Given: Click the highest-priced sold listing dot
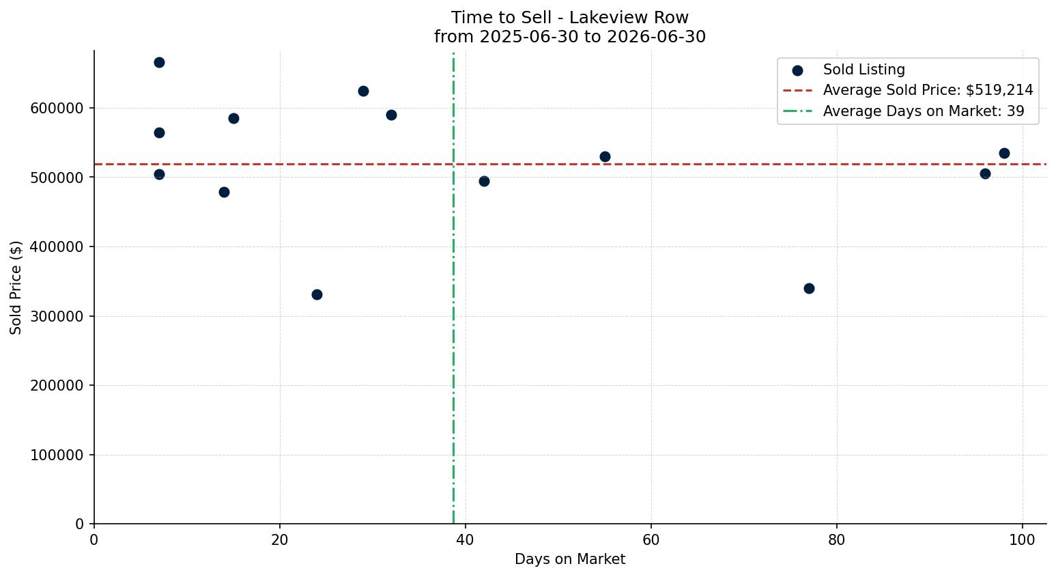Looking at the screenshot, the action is click(159, 63).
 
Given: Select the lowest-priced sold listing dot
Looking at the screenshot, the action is click(317, 294).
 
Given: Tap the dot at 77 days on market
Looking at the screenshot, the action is click(809, 288).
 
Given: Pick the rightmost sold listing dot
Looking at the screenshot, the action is click(1004, 153).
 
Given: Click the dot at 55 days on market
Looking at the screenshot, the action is click(605, 156).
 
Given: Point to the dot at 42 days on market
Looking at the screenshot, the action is click(484, 182).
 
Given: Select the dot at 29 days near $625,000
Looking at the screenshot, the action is click(363, 91).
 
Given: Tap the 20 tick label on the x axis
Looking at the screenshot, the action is click(280, 539).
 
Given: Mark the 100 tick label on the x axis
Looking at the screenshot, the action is click(1023, 539).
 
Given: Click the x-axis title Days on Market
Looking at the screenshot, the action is click(570, 559).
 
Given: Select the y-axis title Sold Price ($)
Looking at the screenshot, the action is click(16, 287).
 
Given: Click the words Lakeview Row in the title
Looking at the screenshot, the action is click(629, 18).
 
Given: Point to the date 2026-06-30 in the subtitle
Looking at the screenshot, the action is click(656, 37).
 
